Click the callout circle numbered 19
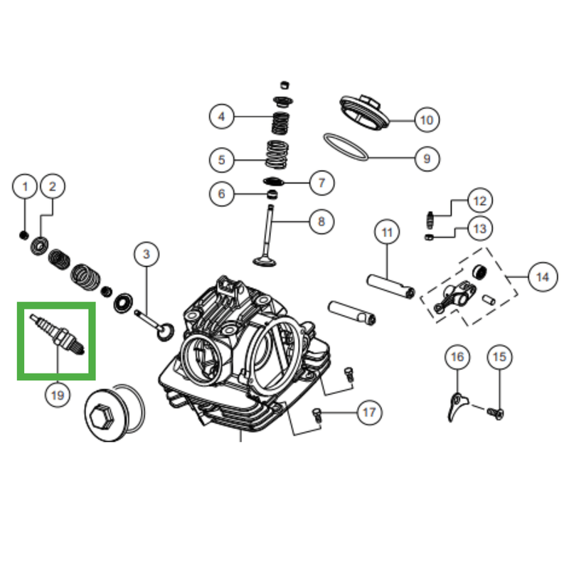58,395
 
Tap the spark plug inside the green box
58,334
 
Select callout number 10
427,119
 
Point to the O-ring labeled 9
346,147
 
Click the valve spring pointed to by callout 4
280,122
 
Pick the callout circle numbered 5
222,160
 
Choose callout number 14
543,277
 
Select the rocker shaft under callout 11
390,287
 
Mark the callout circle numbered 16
457,357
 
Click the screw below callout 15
495,413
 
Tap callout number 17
369,413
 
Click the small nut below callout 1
23,235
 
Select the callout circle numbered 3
147,254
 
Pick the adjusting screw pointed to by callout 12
430,220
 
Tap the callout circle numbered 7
322,183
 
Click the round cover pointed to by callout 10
364,112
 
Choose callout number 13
479,228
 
